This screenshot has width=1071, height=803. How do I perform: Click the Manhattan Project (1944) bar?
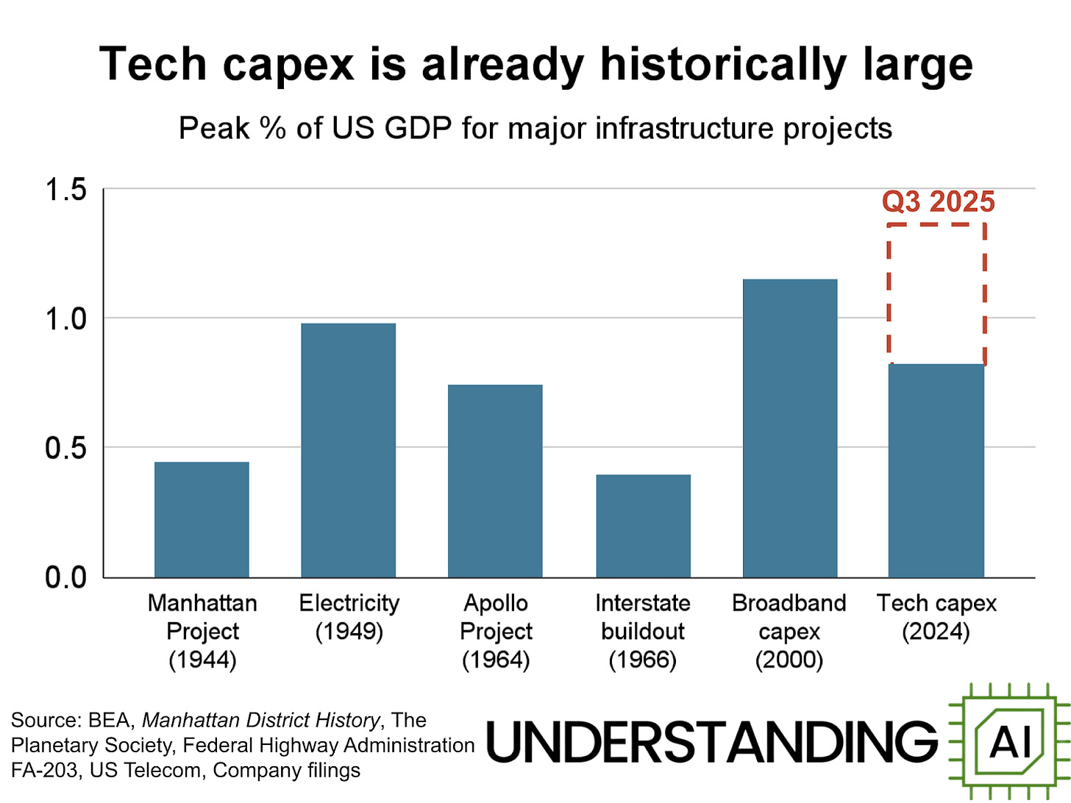202,519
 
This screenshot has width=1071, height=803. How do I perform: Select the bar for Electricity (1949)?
349,450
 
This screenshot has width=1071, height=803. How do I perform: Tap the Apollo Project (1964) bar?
495,481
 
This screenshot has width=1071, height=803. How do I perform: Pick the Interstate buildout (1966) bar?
643,526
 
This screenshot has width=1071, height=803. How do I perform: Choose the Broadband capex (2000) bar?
790,428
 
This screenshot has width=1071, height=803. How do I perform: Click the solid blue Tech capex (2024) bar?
936,471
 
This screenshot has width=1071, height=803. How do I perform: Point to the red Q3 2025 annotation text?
939,201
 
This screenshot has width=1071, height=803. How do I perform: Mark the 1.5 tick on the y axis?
66,190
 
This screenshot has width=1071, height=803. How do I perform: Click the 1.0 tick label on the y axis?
66,319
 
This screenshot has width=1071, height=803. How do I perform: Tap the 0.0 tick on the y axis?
66,578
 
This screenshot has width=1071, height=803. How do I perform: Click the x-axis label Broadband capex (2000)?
789,631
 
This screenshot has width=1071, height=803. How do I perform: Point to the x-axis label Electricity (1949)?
349,617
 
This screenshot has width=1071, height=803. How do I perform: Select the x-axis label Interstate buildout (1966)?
643,631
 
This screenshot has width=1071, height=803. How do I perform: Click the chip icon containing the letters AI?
1008,741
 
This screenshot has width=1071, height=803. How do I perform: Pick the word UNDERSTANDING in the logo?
712,741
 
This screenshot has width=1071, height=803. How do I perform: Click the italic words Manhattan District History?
261,720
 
